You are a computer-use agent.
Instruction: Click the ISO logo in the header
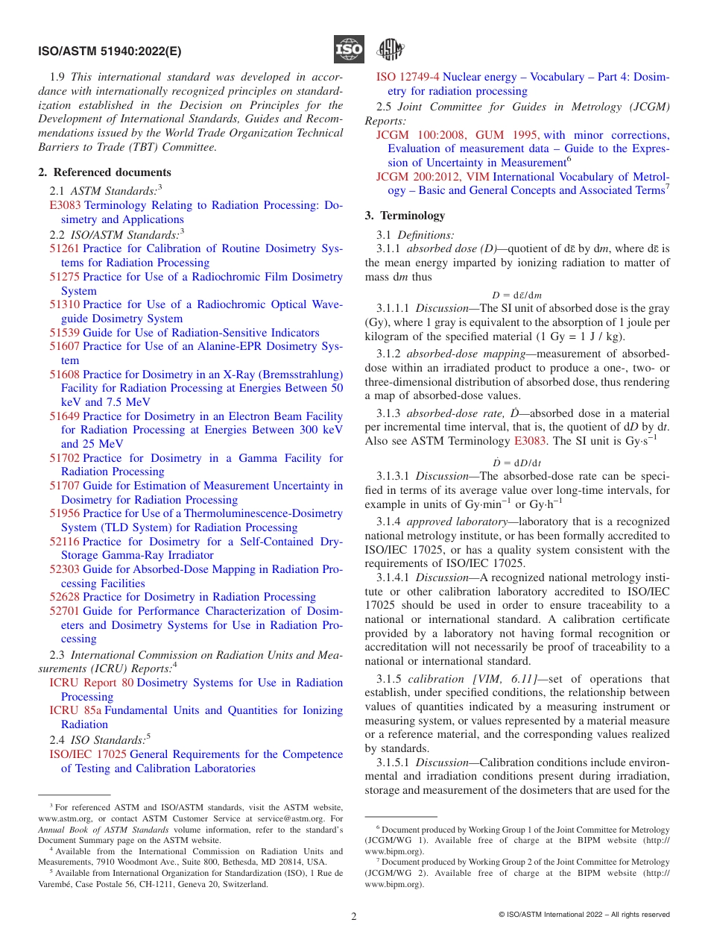pyautogui.click(x=349, y=50)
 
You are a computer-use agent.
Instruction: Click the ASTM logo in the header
pyautogui.click(x=389, y=50)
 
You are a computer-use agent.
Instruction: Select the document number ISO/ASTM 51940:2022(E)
pyautogui.click(x=109, y=51)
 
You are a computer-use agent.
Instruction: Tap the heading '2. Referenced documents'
pyautogui.click(x=104, y=172)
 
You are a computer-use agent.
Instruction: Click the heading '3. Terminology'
pyautogui.click(x=405, y=216)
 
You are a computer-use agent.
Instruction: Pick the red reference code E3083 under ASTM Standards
pyautogui.click(x=65, y=205)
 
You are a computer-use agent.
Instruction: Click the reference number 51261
pyautogui.click(x=65, y=248)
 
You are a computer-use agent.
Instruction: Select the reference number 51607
pyautogui.click(x=65, y=346)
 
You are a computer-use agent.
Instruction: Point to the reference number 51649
pyautogui.click(x=65, y=416)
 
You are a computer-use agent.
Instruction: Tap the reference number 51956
pyautogui.click(x=65, y=513)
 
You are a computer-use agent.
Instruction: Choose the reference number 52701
pyautogui.click(x=65, y=611)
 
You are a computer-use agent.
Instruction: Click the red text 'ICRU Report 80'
pyautogui.click(x=92, y=683)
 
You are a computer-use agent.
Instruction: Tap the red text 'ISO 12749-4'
pyautogui.click(x=408, y=77)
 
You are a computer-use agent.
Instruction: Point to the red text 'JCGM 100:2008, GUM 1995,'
pyautogui.click(x=458, y=135)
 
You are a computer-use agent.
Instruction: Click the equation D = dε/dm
pyautogui.click(x=516, y=295)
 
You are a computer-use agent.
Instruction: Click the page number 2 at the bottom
pyautogui.click(x=354, y=916)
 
